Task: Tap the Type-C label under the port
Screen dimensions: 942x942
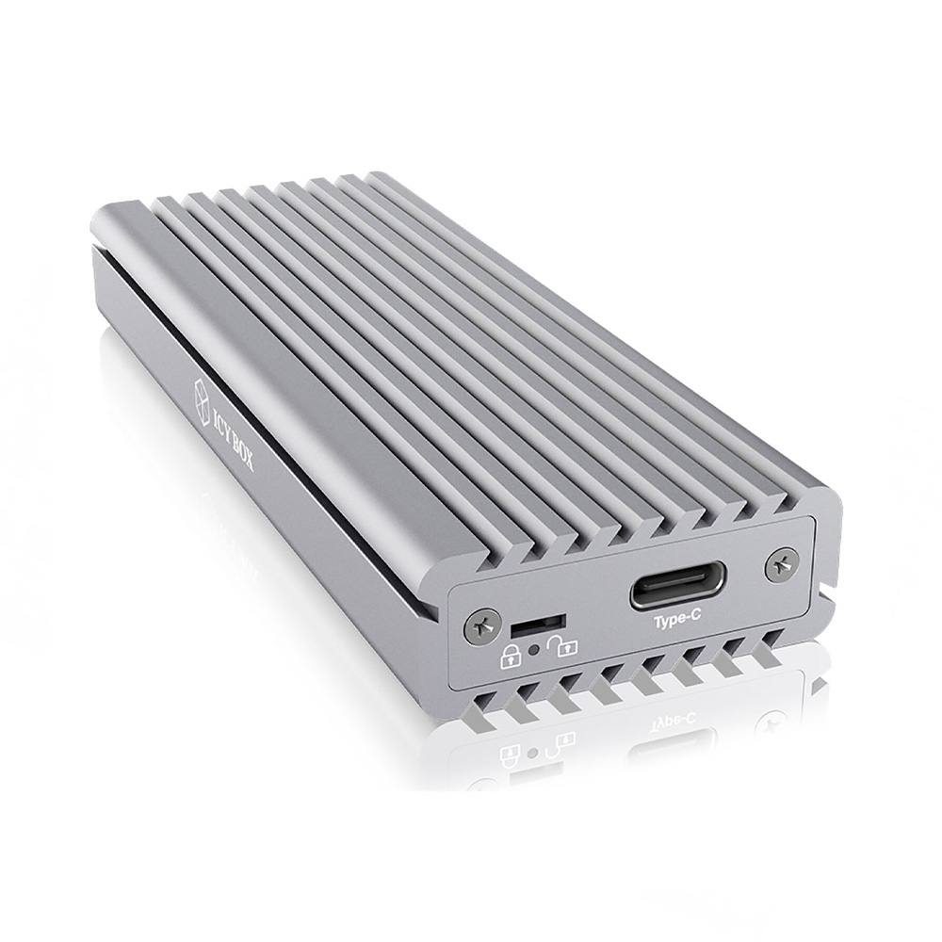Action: click(x=677, y=622)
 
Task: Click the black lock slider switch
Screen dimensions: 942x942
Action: click(x=539, y=623)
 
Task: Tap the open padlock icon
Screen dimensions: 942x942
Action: click(x=565, y=645)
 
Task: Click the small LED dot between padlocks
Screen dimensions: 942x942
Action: click(x=536, y=649)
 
